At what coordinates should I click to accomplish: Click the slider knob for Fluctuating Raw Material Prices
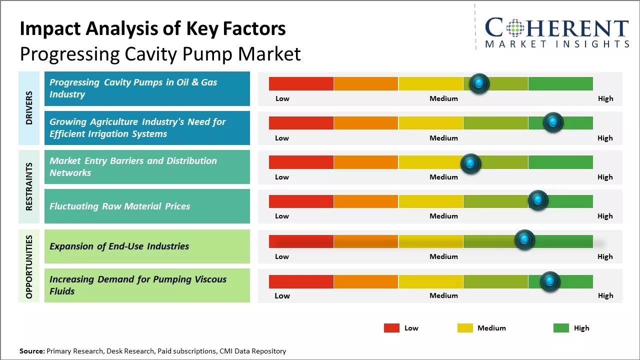point(538,200)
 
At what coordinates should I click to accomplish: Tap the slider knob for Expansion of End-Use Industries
point(524,240)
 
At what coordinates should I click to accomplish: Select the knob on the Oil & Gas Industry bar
point(479,83)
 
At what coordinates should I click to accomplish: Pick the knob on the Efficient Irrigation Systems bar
point(553,122)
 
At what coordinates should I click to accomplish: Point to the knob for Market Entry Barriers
point(470,163)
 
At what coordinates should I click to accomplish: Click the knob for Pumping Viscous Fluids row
point(550,281)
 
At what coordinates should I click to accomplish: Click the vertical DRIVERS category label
point(29,108)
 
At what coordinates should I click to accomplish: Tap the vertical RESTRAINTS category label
point(29,186)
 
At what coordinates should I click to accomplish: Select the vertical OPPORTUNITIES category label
point(29,266)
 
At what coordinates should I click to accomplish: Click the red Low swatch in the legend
point(391,328)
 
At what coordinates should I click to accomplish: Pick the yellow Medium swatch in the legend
point(465,328)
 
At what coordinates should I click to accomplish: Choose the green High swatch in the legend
point(561,328)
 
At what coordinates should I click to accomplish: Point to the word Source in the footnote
point(31,351)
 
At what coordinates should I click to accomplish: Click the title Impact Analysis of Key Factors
point(152,29)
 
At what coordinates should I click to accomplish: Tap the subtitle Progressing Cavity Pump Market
point(160,54)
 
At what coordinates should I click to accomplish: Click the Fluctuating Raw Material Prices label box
point(147,206)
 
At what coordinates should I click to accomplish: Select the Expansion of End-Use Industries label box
point(147,246)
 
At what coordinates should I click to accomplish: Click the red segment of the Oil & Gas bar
point(301,83)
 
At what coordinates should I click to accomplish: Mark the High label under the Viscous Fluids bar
point(605,295)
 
